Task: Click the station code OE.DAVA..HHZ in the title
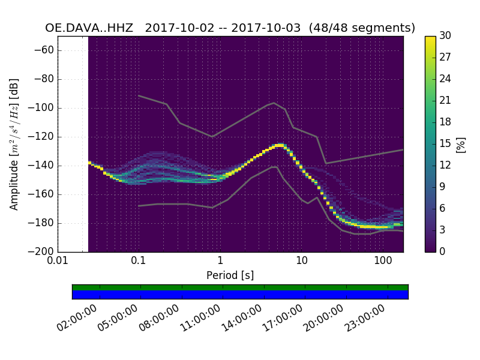pos(89,28)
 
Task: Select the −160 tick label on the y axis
pos(43,194)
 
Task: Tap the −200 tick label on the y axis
pos(43,251)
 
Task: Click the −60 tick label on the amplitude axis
pos(46,50)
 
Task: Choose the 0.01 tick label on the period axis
pos(58,262)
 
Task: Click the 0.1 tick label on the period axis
pos(139,262)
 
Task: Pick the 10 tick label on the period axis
pos(301,262)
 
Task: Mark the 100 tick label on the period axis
pos(383,262)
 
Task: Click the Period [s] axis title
pos(230,275)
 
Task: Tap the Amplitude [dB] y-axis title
pos(14,144)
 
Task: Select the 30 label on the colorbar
pos(445,36)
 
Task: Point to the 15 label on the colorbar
pos(445,144)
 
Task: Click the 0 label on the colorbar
pos(443,251)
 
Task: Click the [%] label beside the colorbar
pos(461,144)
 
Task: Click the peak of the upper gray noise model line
pos(274,103)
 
